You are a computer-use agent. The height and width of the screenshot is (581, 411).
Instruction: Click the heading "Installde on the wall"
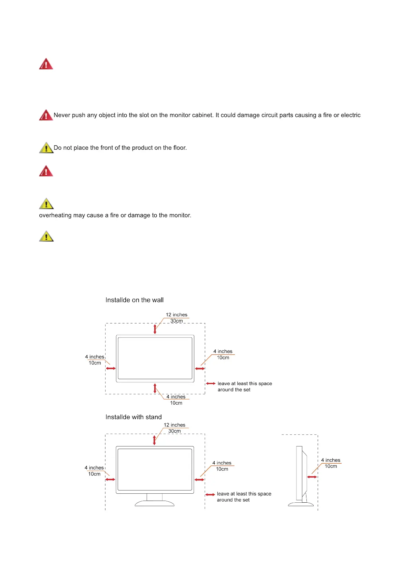(x=134, y=300)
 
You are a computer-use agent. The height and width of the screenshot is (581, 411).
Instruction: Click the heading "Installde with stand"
(x=133, y=417)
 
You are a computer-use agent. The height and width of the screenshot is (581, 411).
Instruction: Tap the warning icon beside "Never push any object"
(x=46, y=115)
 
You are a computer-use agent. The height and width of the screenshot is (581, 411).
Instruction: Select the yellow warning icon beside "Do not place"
(x=46, y=148)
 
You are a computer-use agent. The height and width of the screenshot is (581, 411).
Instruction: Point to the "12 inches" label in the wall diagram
(x=176, y=315)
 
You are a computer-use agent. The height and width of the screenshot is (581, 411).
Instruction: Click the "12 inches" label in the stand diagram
(x=174, y=425)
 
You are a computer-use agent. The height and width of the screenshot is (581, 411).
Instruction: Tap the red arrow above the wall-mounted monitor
(x=155, y=329)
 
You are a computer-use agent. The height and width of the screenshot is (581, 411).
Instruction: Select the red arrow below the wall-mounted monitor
(x=155, y=388)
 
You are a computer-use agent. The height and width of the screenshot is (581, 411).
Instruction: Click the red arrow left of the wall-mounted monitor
(x=111, y=368)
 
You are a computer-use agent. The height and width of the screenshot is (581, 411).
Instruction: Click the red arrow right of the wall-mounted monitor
(x=200, y=368)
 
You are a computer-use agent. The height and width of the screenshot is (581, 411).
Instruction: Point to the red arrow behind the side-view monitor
(x=312, y=477)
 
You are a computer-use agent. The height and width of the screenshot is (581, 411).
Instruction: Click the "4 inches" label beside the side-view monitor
(x=331, y=460)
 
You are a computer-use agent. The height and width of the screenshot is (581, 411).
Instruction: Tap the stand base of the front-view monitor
(x=154, y=503)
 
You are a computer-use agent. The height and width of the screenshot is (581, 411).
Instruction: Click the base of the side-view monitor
(x=301, y=504)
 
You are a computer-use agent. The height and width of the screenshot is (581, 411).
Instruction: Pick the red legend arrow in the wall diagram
(x=211, y=384)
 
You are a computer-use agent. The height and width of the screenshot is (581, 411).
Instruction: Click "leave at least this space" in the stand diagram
(x=244, y=494)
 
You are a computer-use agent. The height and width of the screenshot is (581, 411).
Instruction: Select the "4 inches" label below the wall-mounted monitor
(x=176, y=397)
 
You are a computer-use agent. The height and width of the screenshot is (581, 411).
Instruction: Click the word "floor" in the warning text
(x=179, y=148)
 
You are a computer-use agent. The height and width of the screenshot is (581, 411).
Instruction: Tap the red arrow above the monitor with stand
(x=154, y=440)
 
